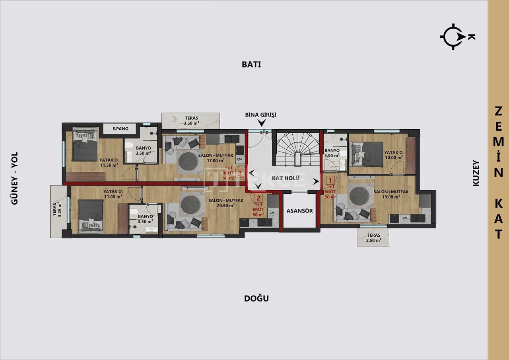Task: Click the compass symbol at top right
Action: pyautogui.click(x=453, y=37)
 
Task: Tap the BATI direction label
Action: pyautogui.click(x=251, y=64)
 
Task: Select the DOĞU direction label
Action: pyautogui.click(x=256, y=298)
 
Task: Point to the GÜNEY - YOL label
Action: pyautogui.click(x=15, y=179)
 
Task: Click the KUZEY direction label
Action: pyautogui.click(x=476, y=173)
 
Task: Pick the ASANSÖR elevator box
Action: pyautogui.click(x=299, y=211)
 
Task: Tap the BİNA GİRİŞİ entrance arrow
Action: pyautogui.click(x=261, y=123)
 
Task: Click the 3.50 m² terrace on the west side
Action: pyautogui.click(x=191, y=121)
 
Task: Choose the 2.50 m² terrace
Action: pyautogui.click(x=373, y=237)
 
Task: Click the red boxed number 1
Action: pyautogui.click(x=330, y=179)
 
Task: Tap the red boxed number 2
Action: pyautogui.click(x=258, y=198)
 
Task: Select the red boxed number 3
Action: pyautogui.click(x=239, y=173)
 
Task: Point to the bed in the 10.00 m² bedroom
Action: pyautogui.click(x=366, y=154)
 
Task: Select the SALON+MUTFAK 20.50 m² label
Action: pyautogui.click(x=221, y=203)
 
